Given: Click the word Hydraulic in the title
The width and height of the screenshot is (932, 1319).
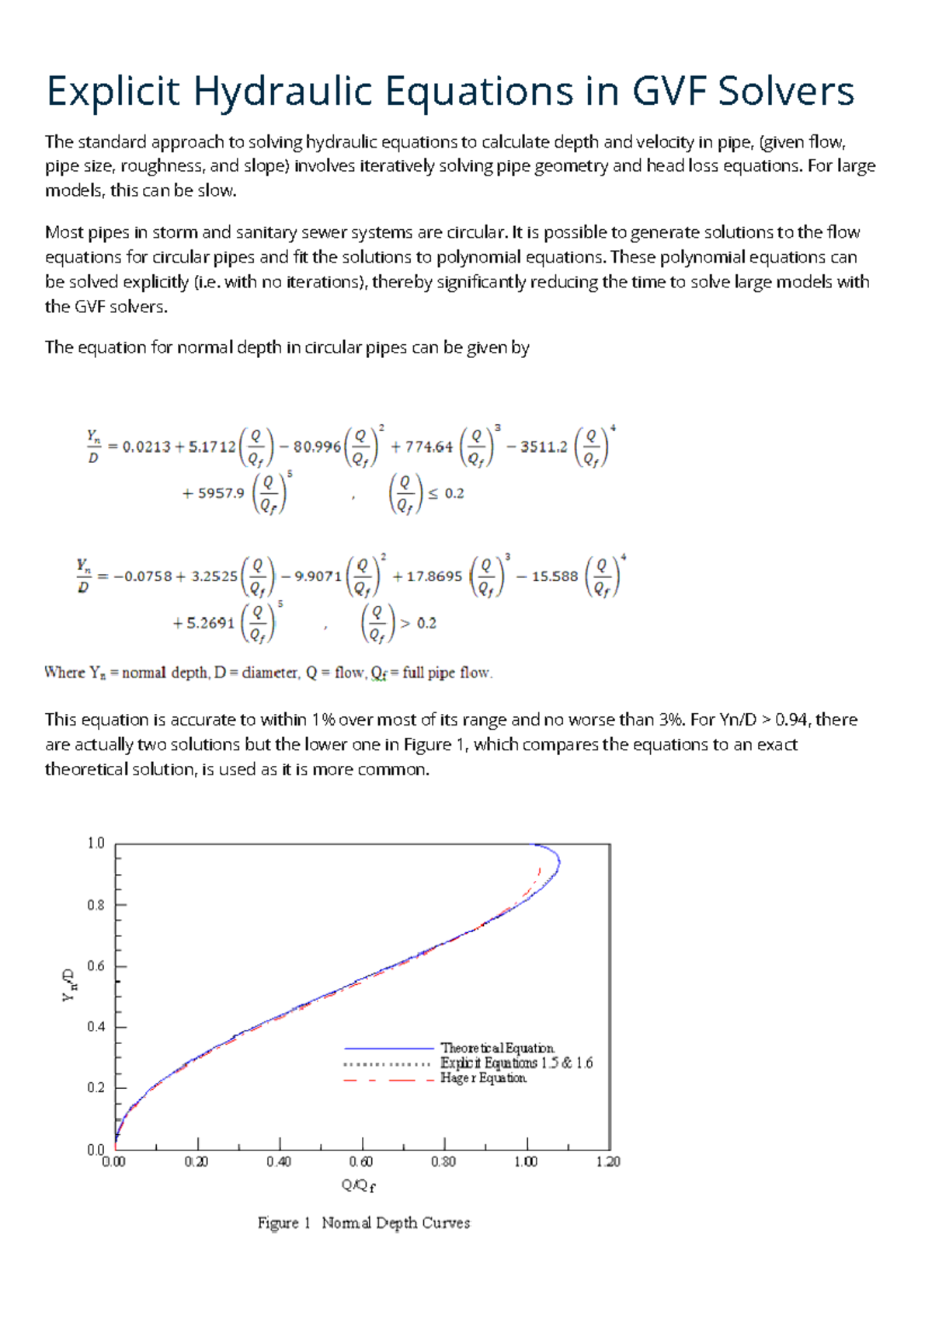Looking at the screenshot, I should [283, 92].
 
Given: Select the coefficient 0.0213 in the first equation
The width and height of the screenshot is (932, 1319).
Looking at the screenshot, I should [146, 447].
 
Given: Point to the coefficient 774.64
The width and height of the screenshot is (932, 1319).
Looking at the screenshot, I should [428, 447].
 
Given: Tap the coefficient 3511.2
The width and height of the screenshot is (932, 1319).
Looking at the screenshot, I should [544, 447].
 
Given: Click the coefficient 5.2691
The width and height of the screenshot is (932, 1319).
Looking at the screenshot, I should [210, 623].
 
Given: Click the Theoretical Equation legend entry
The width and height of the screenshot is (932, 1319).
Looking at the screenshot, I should [497, 1048].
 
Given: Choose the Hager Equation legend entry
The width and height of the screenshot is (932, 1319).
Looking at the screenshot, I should [483, 1078].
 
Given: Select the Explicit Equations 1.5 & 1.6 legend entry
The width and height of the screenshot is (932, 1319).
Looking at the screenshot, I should [516, 1063].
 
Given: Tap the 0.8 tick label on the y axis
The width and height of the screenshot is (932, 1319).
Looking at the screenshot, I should [96, 905].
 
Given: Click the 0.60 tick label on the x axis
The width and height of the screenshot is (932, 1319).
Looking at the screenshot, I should [360, 1162].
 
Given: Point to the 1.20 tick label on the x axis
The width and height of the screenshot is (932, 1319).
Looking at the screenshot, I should [608, 1162].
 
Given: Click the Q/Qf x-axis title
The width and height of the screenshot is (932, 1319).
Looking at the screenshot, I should [358, 1185].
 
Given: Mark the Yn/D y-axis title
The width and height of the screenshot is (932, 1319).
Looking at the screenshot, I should [69, 985].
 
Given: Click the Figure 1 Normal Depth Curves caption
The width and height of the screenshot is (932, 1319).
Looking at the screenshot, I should [363, 1223].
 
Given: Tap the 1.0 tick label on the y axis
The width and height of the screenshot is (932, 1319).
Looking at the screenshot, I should [96, 843].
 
